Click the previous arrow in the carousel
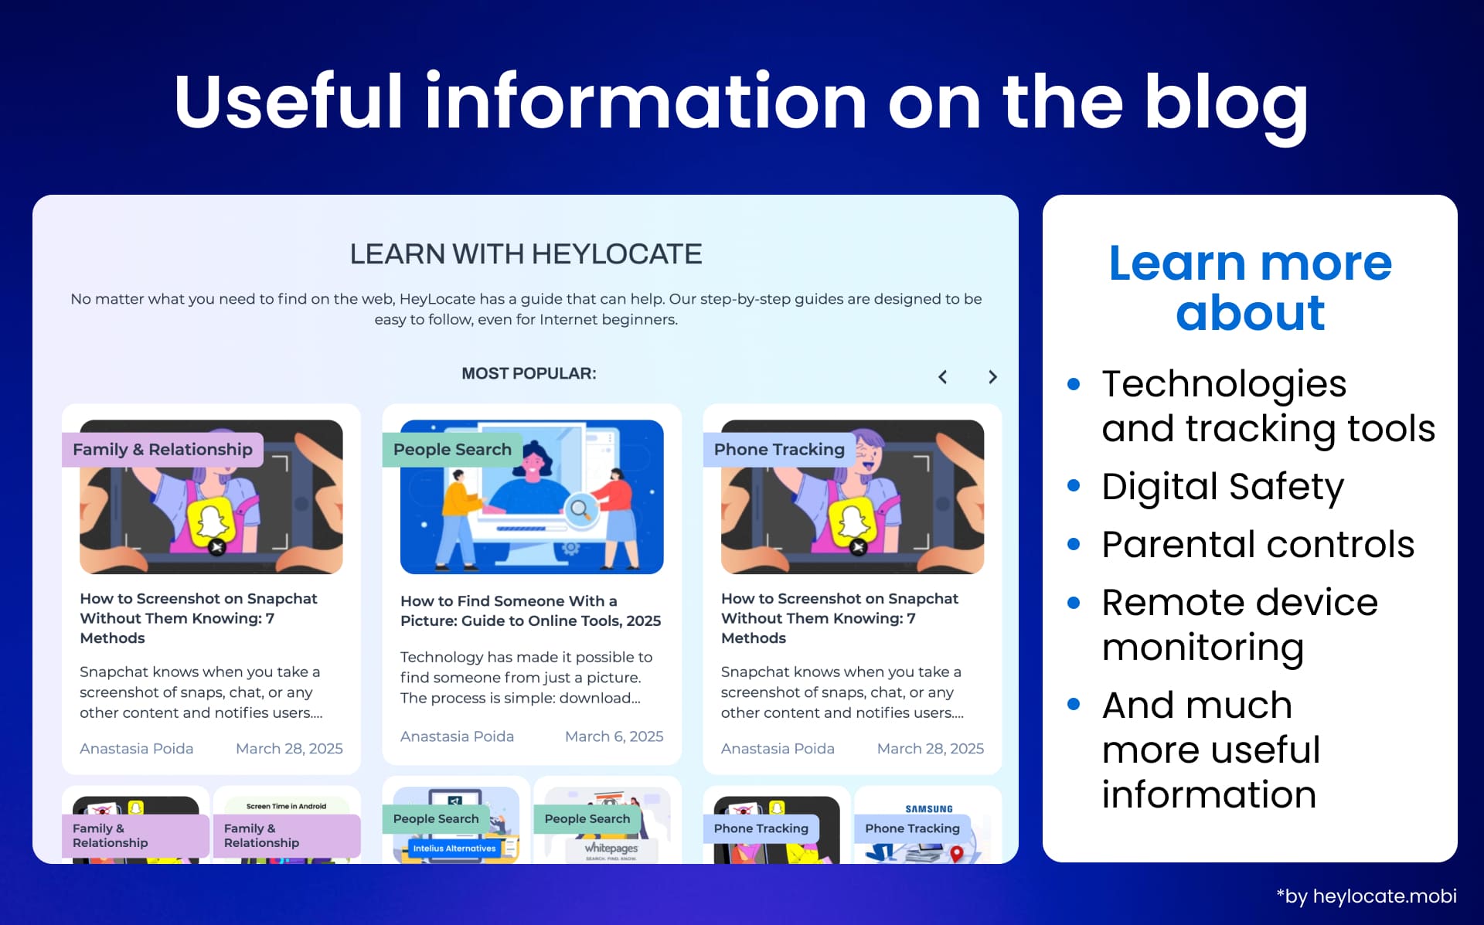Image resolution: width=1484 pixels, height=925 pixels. click(943, 377)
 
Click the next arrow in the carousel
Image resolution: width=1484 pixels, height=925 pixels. click(992, 377)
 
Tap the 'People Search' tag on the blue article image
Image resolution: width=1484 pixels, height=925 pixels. click(452, 450)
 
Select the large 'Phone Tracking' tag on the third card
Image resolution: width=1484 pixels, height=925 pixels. click(779, 450)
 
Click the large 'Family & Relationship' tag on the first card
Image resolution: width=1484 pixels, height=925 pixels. click(162, 450)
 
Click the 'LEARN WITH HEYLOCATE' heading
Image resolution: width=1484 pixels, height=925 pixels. click(526, 254)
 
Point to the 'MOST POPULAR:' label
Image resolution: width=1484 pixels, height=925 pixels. click(529, 374)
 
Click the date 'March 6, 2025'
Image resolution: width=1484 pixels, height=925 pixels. click(614, 736)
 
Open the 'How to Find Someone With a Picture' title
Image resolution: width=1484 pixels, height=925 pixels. click(530, 610)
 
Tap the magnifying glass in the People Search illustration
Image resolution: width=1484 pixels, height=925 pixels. click(579, 509)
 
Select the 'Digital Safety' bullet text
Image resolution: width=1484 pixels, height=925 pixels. click(1222, 487)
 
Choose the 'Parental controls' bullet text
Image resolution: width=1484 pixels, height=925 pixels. click(1258, 545)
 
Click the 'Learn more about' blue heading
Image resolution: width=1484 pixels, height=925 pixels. click(1250, 287)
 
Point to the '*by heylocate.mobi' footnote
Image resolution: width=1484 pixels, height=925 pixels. click(1366, 896)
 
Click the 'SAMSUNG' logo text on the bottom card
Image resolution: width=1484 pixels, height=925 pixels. click(929, 809)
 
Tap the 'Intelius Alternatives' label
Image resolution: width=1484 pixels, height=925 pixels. click(454, 848)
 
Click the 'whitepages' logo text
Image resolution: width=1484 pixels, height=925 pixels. click(611, 848)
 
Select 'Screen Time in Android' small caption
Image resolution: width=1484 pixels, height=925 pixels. click(286, 806)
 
